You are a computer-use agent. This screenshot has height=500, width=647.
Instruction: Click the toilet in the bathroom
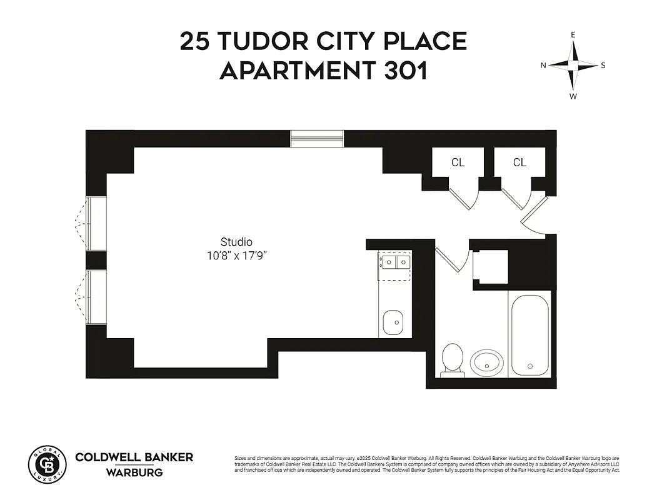pos(452,359)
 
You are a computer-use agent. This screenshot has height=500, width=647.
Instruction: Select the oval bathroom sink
pos(487,362)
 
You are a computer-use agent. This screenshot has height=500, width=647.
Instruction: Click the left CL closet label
pos(458,162)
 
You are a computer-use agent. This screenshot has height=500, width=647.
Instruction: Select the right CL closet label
pos(519,162)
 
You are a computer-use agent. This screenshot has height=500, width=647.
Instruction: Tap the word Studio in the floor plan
pos(236,242)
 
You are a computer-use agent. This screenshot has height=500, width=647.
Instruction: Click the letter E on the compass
pos(573,35)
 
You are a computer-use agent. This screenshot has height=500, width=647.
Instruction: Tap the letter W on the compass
pos(573,96)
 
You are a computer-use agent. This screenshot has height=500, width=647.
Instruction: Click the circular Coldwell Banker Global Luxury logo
pos(47,464)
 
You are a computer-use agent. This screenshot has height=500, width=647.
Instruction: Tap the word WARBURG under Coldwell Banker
pos(134,472)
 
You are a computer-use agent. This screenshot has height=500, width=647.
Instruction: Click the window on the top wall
pos(317,138)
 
